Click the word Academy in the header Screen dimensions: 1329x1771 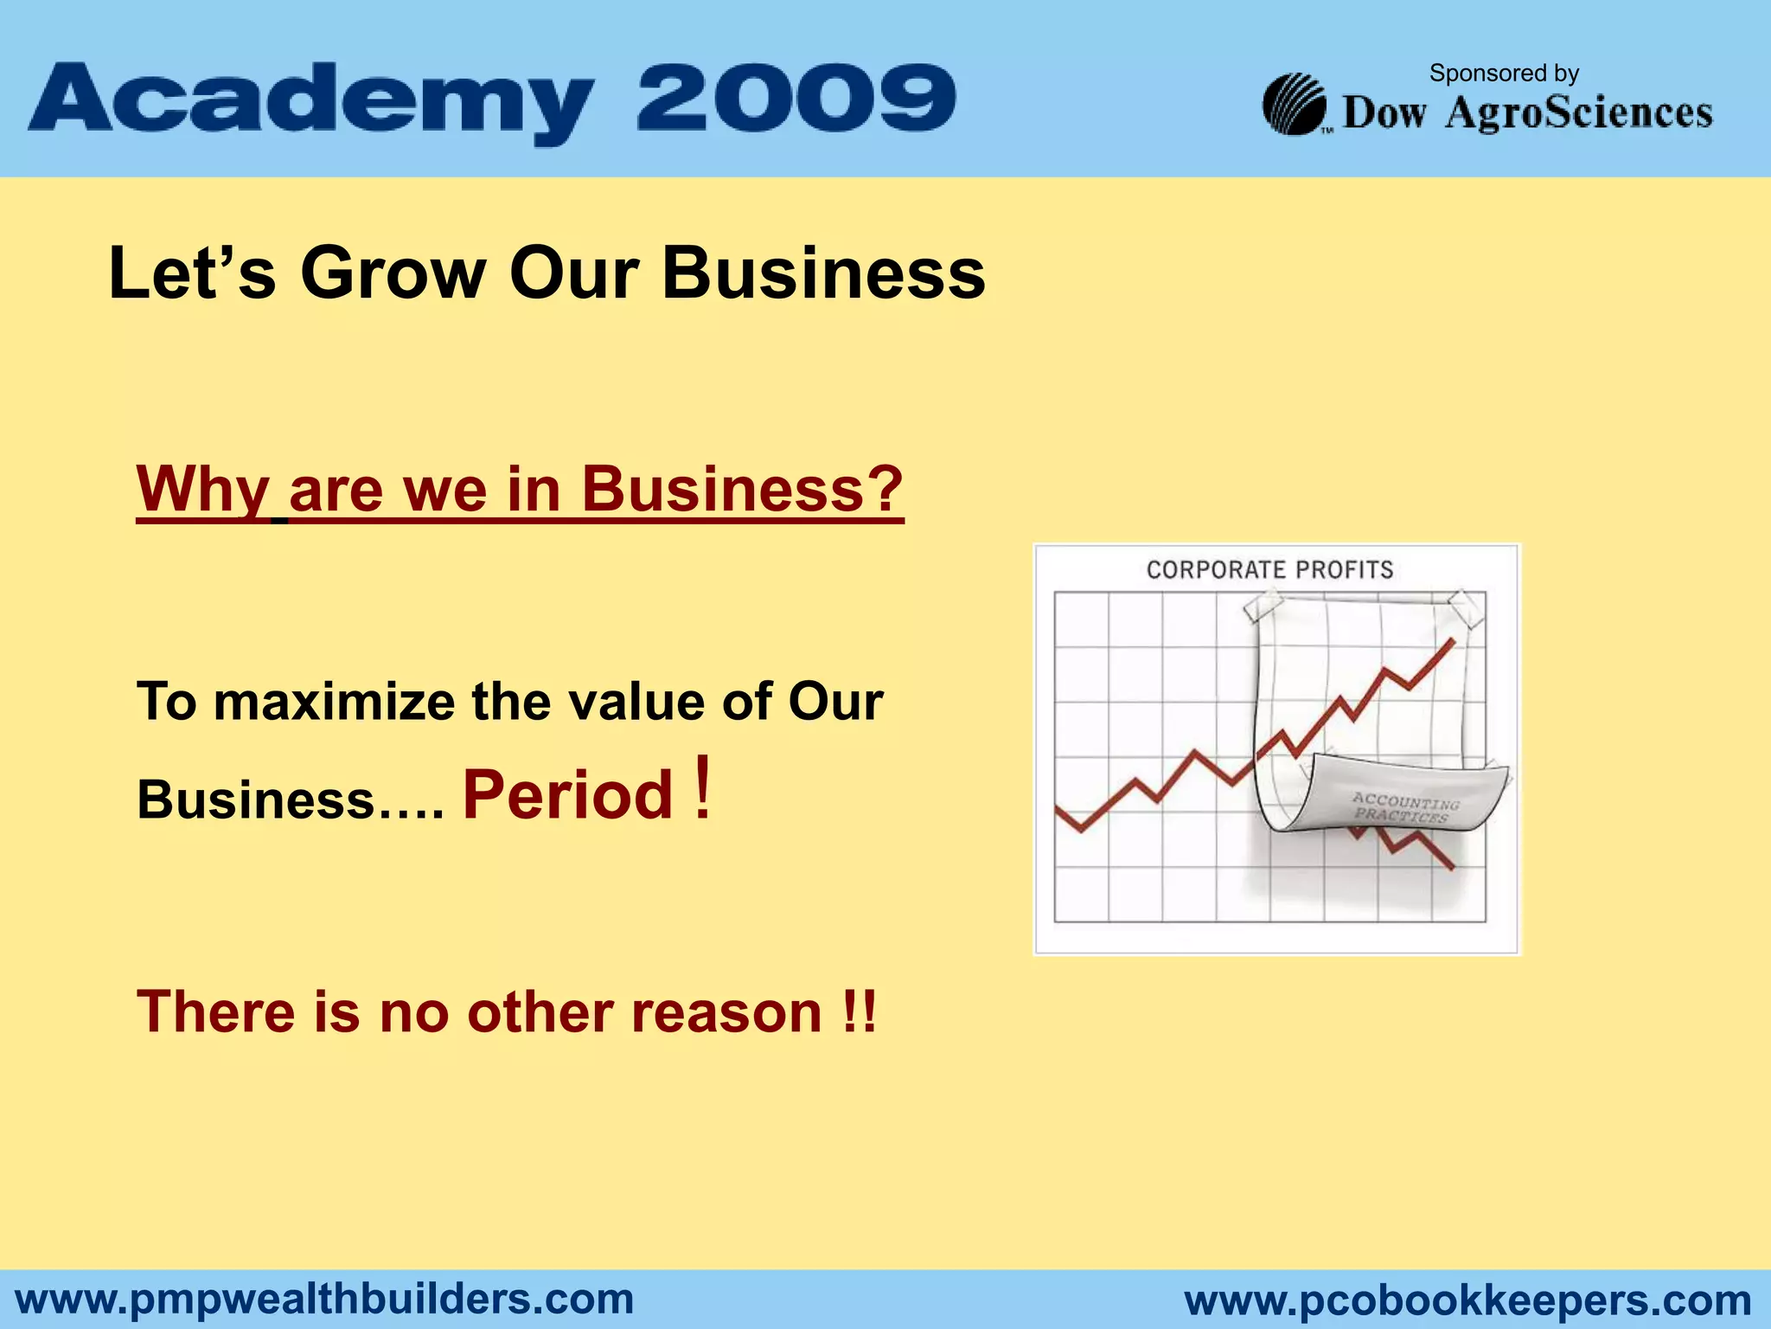tap(311, 102)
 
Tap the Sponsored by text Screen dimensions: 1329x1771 tap(1504, 74)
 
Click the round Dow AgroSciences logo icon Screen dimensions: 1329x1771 tap(1295, 105)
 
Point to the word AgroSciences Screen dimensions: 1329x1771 tap(1578, 113)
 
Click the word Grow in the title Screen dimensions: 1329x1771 tap(393, 273)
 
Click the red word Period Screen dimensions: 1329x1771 tap(567, 794)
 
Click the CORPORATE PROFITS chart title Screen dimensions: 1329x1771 tap(1269, 570)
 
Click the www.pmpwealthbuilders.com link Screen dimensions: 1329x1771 tap(325, 1300)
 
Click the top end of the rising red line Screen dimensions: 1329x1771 tap(1452, 641)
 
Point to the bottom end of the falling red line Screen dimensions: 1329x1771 tap(1452, 866)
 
